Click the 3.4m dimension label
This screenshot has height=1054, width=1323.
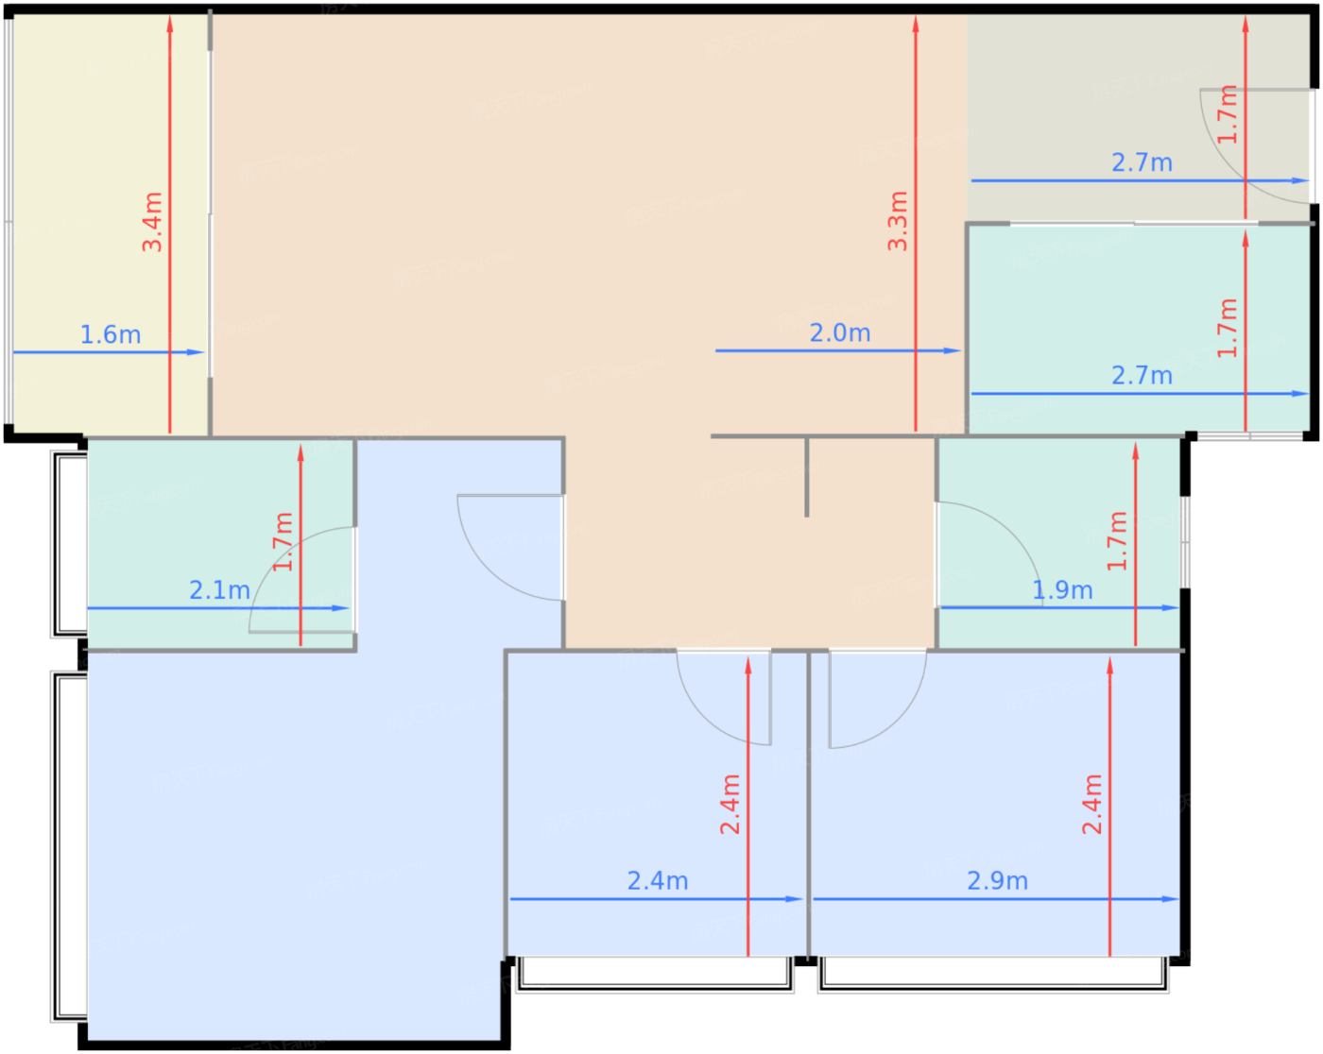[x=152, y=222]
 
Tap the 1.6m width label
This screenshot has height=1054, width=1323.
[x=111, y=335]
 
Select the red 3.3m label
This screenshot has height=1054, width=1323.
[x=898, y=221]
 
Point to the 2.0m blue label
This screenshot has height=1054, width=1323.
[x=840, y=333]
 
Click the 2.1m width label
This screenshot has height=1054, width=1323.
[x=219, y=590]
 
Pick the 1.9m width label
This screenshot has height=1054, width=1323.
[x=1062, y=590]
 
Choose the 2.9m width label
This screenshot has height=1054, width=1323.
[x=997, y=881]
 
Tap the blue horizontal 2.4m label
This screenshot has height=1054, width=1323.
[x=658, y=881]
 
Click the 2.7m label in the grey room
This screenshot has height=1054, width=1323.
[x=1142, y=163]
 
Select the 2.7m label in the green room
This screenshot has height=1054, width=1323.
[x=1142, y=376]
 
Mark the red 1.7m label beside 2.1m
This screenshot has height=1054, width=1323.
[x=283, y=542]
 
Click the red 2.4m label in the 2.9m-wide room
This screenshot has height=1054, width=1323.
[x=1092, y=805]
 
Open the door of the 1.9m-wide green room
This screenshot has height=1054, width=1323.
[x=1002, y=538]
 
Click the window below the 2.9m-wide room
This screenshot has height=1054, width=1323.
[x=992, y=975]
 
